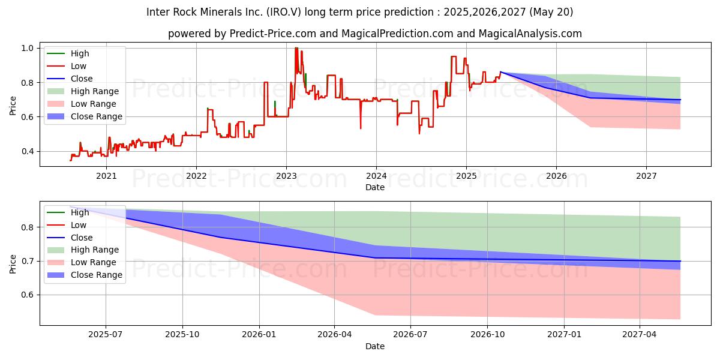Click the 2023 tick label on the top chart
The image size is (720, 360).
click(x=286, y=176)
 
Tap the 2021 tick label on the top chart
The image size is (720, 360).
click(x=106, y=176)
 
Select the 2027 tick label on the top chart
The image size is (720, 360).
click(x=646, y=176)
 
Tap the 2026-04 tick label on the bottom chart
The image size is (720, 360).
click(x=335, y=335)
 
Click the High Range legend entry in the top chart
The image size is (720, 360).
click(x=95, y=91)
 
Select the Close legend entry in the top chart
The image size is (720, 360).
click(x=82, y=79)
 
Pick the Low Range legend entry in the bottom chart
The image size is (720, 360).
click(x=94, y=262)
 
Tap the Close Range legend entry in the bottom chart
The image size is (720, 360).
click(x=97, y=275)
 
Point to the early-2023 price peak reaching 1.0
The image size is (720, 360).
click(x=296, y=49)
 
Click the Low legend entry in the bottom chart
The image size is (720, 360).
click(x=79, y=225)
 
